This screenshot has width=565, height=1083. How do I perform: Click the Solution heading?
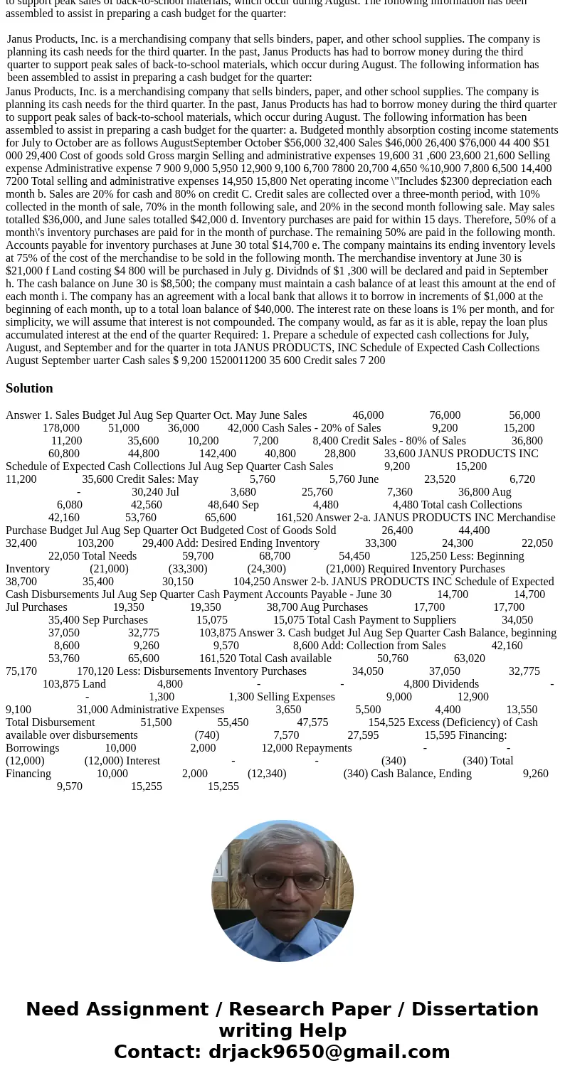tap(29, 388)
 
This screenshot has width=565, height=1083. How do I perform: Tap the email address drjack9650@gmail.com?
tap(329, 1052)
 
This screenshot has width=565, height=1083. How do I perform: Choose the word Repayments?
tap(322, 748)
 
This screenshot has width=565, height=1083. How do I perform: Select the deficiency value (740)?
tap(207, 735)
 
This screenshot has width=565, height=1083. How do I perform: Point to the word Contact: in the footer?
tap(157, 1052)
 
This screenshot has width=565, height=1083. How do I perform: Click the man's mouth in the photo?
tap(283, 909)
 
